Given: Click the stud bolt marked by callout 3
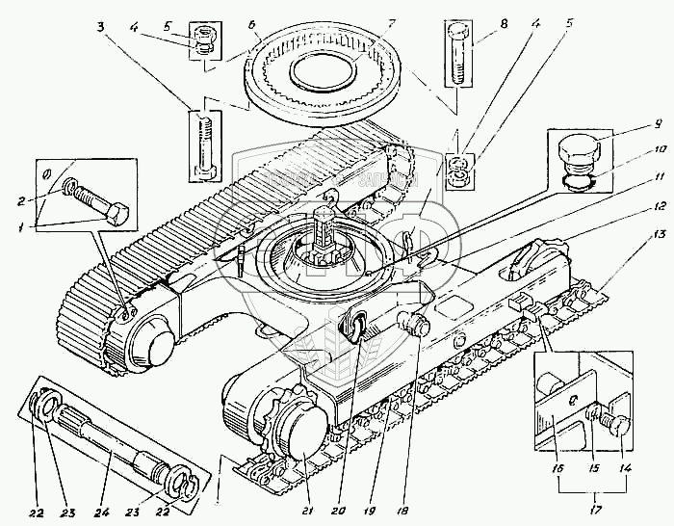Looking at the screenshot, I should point(206,145).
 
